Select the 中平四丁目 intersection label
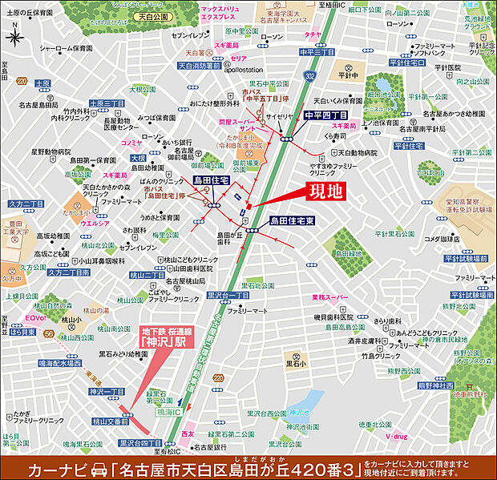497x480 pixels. click(x=326, y=114)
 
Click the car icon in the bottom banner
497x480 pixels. click(x=99, y=467)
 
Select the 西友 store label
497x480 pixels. click(x=188, y=433)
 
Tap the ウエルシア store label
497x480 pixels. click(x=95, y=224)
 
